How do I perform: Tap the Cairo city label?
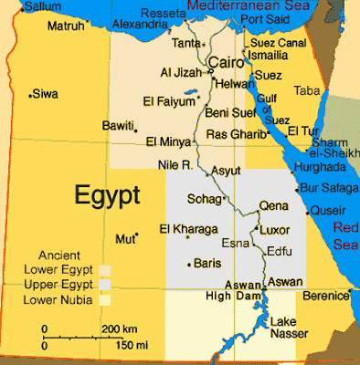(226, 62)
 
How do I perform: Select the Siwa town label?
(45, 93)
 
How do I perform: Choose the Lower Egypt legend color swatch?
(106, 270)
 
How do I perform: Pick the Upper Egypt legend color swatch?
(106, 284)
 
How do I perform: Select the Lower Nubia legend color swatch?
(106, 297)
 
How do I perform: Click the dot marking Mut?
(136, 237)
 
